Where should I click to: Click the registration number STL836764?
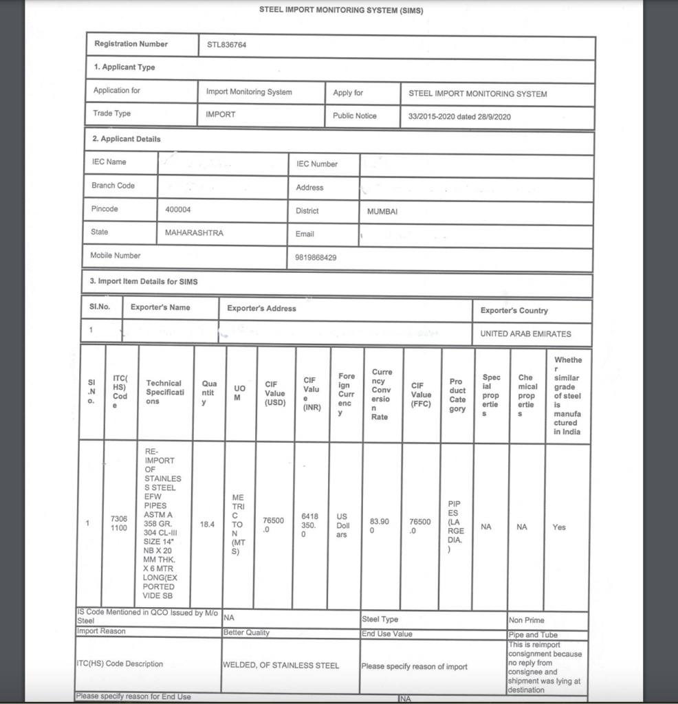point(226,45)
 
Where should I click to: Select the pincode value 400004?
point(178,209)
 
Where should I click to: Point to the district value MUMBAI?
point(382,212)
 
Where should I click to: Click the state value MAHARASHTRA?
point(194,232)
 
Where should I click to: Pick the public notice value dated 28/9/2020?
point(459,117)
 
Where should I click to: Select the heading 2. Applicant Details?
point(127,139)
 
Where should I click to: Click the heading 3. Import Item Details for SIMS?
point(144,281)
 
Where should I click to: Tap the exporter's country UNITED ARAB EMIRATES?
point(525,333)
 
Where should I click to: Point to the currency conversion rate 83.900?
point(380,526)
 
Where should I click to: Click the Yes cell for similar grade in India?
point(559,527)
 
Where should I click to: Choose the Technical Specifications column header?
point(164,392)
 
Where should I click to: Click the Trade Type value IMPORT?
point(221,114)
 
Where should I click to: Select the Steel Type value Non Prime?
point(526,620)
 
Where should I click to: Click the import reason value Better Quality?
point(246,632)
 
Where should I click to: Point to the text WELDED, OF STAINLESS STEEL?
point(281,665)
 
